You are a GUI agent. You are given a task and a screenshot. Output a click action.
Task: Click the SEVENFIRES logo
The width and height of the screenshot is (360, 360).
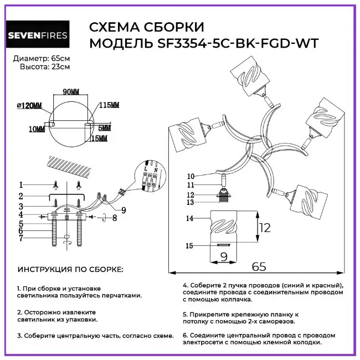[x=38, y=34]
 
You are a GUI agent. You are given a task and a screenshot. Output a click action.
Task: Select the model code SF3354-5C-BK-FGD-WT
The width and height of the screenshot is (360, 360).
[x=238, y=43]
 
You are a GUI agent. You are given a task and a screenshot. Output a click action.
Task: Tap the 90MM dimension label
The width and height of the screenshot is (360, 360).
[x=71, y=92]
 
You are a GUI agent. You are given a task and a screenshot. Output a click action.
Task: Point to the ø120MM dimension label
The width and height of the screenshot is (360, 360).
[x=29, y=106]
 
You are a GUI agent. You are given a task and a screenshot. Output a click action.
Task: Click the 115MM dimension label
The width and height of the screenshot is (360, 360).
[x=109, y=105]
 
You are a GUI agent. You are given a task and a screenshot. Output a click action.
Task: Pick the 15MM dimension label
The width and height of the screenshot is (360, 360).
[x=99, y=138]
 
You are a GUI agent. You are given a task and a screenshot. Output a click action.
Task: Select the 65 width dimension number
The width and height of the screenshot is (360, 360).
[x=259, y=266]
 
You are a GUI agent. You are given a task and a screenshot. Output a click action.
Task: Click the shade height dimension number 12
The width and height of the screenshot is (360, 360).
[x=265, y=228]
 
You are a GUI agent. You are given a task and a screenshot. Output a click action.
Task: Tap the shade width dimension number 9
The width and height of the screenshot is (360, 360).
[x=224, y=256]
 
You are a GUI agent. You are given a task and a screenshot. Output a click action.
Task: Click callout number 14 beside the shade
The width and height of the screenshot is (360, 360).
[x=189, y=218]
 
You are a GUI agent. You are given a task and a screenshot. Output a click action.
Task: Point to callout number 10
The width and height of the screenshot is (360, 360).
[x=191, y=176]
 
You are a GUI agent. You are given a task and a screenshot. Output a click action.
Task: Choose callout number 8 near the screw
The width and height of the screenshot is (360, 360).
[x=115, y=218]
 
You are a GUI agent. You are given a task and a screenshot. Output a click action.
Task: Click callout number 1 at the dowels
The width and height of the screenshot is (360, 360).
[x=21, y=184]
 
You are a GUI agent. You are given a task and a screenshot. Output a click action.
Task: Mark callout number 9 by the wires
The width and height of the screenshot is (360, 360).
[x=124, y=210]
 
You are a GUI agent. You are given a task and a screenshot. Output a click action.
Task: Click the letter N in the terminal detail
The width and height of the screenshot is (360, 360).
[x=156, y=171]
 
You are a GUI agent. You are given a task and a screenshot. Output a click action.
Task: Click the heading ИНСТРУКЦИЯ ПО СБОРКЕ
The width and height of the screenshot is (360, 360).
[x=70, y=269]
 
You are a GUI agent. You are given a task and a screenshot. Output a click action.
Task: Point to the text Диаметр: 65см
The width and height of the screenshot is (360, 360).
[x=42, y=59]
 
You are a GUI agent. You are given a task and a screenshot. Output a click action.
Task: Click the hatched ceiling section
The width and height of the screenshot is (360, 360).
[x=70, y=166]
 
